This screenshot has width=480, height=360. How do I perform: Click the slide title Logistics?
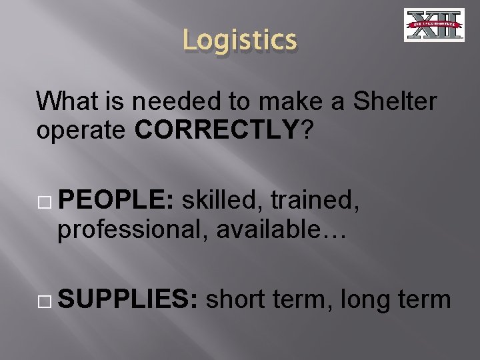239,40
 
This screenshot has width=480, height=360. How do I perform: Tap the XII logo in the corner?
434,25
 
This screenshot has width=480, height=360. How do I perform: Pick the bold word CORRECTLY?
216,129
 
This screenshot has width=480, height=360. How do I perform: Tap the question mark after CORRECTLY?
307,129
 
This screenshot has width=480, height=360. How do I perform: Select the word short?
235,301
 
